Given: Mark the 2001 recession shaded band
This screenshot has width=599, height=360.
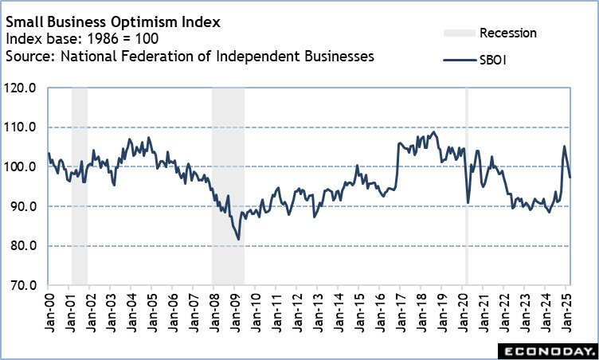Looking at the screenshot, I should (x=79, y=183).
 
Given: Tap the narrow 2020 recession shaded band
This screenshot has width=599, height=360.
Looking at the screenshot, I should (x=466, y=183).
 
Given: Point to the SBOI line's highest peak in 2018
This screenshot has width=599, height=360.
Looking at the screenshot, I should (x=433, y=132).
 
